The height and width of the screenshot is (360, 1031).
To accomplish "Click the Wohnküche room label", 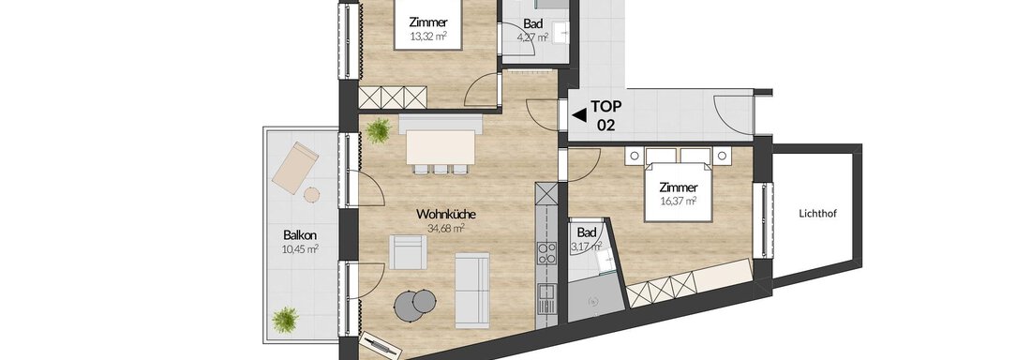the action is [x=446, y=215].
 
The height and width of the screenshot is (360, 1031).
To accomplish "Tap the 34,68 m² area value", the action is [x=446, y=229].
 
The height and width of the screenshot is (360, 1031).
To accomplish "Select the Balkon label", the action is [x=300, y=234].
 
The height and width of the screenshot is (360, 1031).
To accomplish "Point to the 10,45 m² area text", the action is [x=300, y=248].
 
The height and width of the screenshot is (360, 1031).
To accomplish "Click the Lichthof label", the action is [x=816, y=213].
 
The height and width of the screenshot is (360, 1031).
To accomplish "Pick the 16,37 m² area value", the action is [x=679, y=200].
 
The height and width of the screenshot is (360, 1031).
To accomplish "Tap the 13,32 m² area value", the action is [x=428, y=37].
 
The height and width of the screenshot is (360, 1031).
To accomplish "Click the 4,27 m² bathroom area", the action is [x=532, y=37].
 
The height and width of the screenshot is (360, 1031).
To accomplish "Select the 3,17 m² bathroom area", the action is [x=587, y=247].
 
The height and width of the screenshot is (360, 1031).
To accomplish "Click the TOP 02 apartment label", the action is [x=605, y=115].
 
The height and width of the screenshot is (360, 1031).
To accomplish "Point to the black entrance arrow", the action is [x=579, y=115].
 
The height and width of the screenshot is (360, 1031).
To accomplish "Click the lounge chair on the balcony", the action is [x=295, y=167].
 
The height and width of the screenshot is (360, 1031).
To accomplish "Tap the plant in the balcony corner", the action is [x=285, y=321].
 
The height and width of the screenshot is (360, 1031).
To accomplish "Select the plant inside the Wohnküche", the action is [x=378, y=131].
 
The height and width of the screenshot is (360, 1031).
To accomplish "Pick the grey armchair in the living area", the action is [x=408, y=252].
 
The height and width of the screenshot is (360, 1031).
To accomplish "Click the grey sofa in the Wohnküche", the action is [x=472, y=290].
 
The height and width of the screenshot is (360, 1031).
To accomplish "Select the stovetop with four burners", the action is [x=545, y=253].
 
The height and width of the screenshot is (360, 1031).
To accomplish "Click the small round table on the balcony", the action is [x=311, y=194].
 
